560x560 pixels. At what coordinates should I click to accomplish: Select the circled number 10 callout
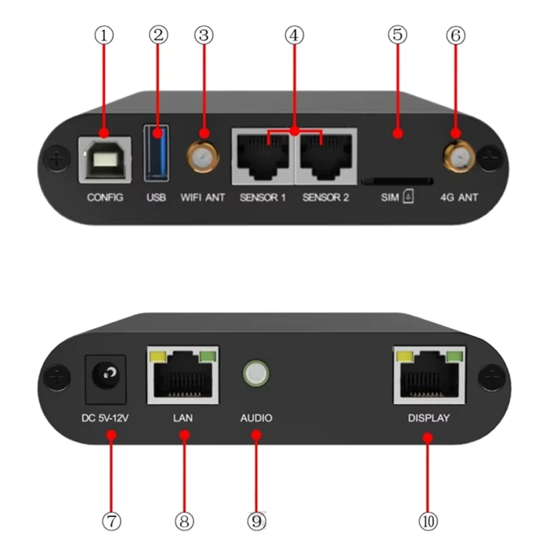428,521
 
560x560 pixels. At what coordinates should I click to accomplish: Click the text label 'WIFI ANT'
202,197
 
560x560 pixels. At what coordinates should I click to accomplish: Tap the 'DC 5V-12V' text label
105,419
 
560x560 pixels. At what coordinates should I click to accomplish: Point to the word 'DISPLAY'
428,419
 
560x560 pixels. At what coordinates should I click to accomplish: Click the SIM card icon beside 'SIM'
408,198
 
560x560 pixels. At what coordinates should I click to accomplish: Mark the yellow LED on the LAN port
157,357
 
